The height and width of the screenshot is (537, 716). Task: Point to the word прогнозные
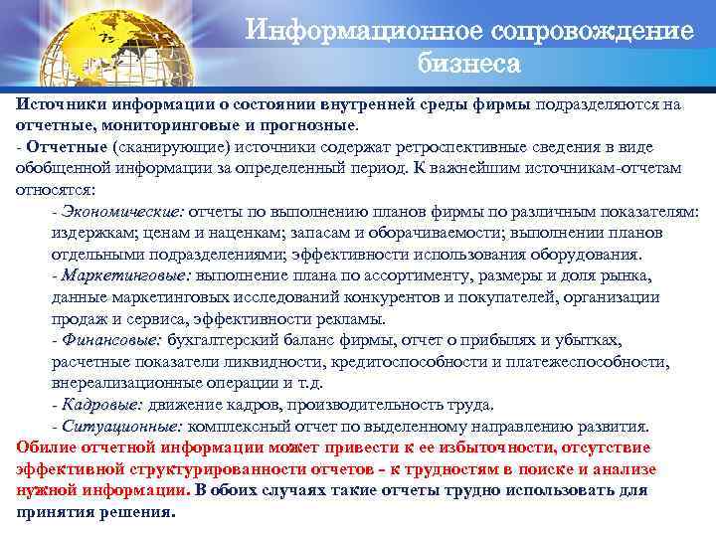(x=305, y=127)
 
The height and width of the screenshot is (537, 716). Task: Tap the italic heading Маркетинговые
(x=126, y=275)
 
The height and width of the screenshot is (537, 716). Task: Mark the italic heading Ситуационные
(x=120, y=426)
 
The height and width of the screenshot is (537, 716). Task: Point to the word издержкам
(x=90, y=232)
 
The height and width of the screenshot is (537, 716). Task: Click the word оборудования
(x=598, y=254)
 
